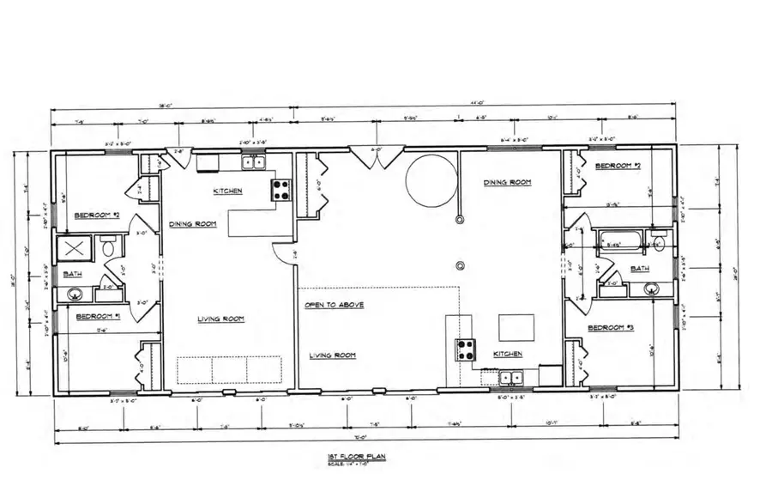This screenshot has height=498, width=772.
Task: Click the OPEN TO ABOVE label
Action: coord(335,305)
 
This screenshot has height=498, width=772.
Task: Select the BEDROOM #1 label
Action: coord(98,316)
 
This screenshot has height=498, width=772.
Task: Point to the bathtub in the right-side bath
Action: coord(618,240)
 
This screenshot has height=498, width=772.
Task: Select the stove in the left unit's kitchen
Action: coord(281,190)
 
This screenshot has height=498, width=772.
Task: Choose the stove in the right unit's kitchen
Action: coord(465,350)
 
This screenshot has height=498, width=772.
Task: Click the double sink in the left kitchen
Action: coord(253,163)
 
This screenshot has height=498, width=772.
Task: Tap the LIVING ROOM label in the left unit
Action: coord(220,319)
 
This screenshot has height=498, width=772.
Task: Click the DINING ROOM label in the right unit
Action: coord(507,182)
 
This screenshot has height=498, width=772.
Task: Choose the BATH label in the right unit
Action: coord(640,269)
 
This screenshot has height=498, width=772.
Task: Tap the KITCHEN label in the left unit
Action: coord(227,191)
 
